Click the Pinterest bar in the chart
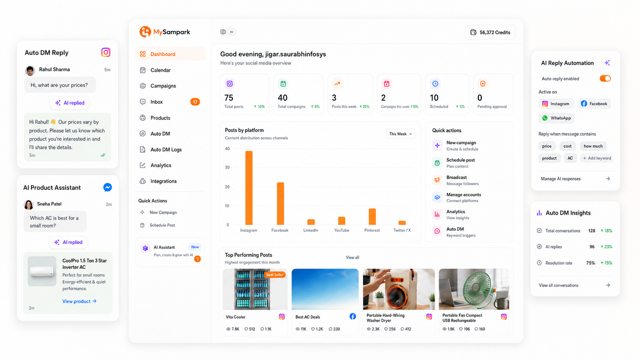coord(372,216)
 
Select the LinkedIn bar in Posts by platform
coord(311,222)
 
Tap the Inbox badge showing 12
coord(195,102)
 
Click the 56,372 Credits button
coord(490,32)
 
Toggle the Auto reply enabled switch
coord(605,78)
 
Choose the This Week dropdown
coord(400,134)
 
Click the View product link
coord(80,301)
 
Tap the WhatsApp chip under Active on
coord(556,118)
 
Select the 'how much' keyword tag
coord(593,146)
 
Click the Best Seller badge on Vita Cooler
coord(274,274)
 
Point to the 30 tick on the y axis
coord(227,168)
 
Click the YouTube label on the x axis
coord(342,230)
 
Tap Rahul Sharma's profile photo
coord(30,70)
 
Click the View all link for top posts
coord(352,258)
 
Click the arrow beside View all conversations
coord(608,285)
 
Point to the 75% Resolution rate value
coord(590,263)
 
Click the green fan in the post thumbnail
coord(480,288)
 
